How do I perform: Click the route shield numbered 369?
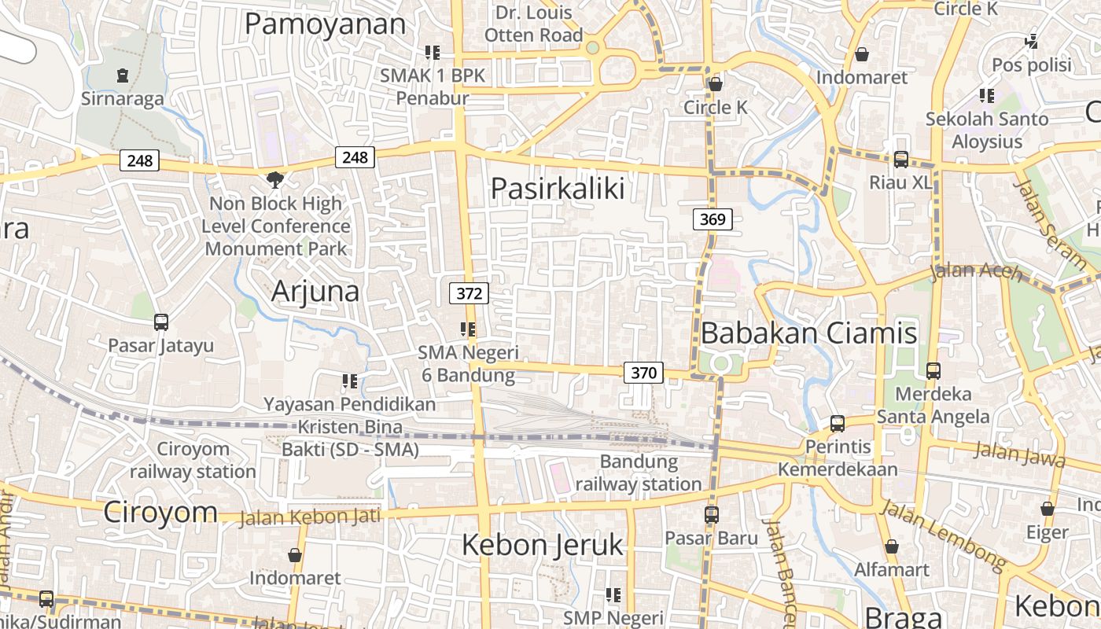pos(713,219)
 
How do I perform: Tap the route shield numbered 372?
pos(469,293)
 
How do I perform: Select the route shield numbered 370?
pos(643,372)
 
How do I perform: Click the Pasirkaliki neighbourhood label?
pos(558,189)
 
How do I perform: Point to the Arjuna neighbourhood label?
pos(315,292)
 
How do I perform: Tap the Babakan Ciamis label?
pos(808,333)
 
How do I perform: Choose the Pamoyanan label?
pos(325,24)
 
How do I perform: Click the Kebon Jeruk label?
pos(542,544)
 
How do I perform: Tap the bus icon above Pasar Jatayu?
pos(161,322)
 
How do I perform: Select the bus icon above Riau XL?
pos(901,159)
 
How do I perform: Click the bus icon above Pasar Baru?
pos(712,514)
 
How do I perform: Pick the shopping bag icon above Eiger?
pos(1047,509)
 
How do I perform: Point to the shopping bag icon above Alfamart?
pos(891,546)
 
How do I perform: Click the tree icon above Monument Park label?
pos(275,180)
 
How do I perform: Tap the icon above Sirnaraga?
pos(123,75)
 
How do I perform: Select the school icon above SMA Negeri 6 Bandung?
pos(469,329)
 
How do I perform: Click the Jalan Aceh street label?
pos(975,272)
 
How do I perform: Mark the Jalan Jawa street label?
pos(1019,454)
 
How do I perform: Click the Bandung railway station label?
pos(639,473)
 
